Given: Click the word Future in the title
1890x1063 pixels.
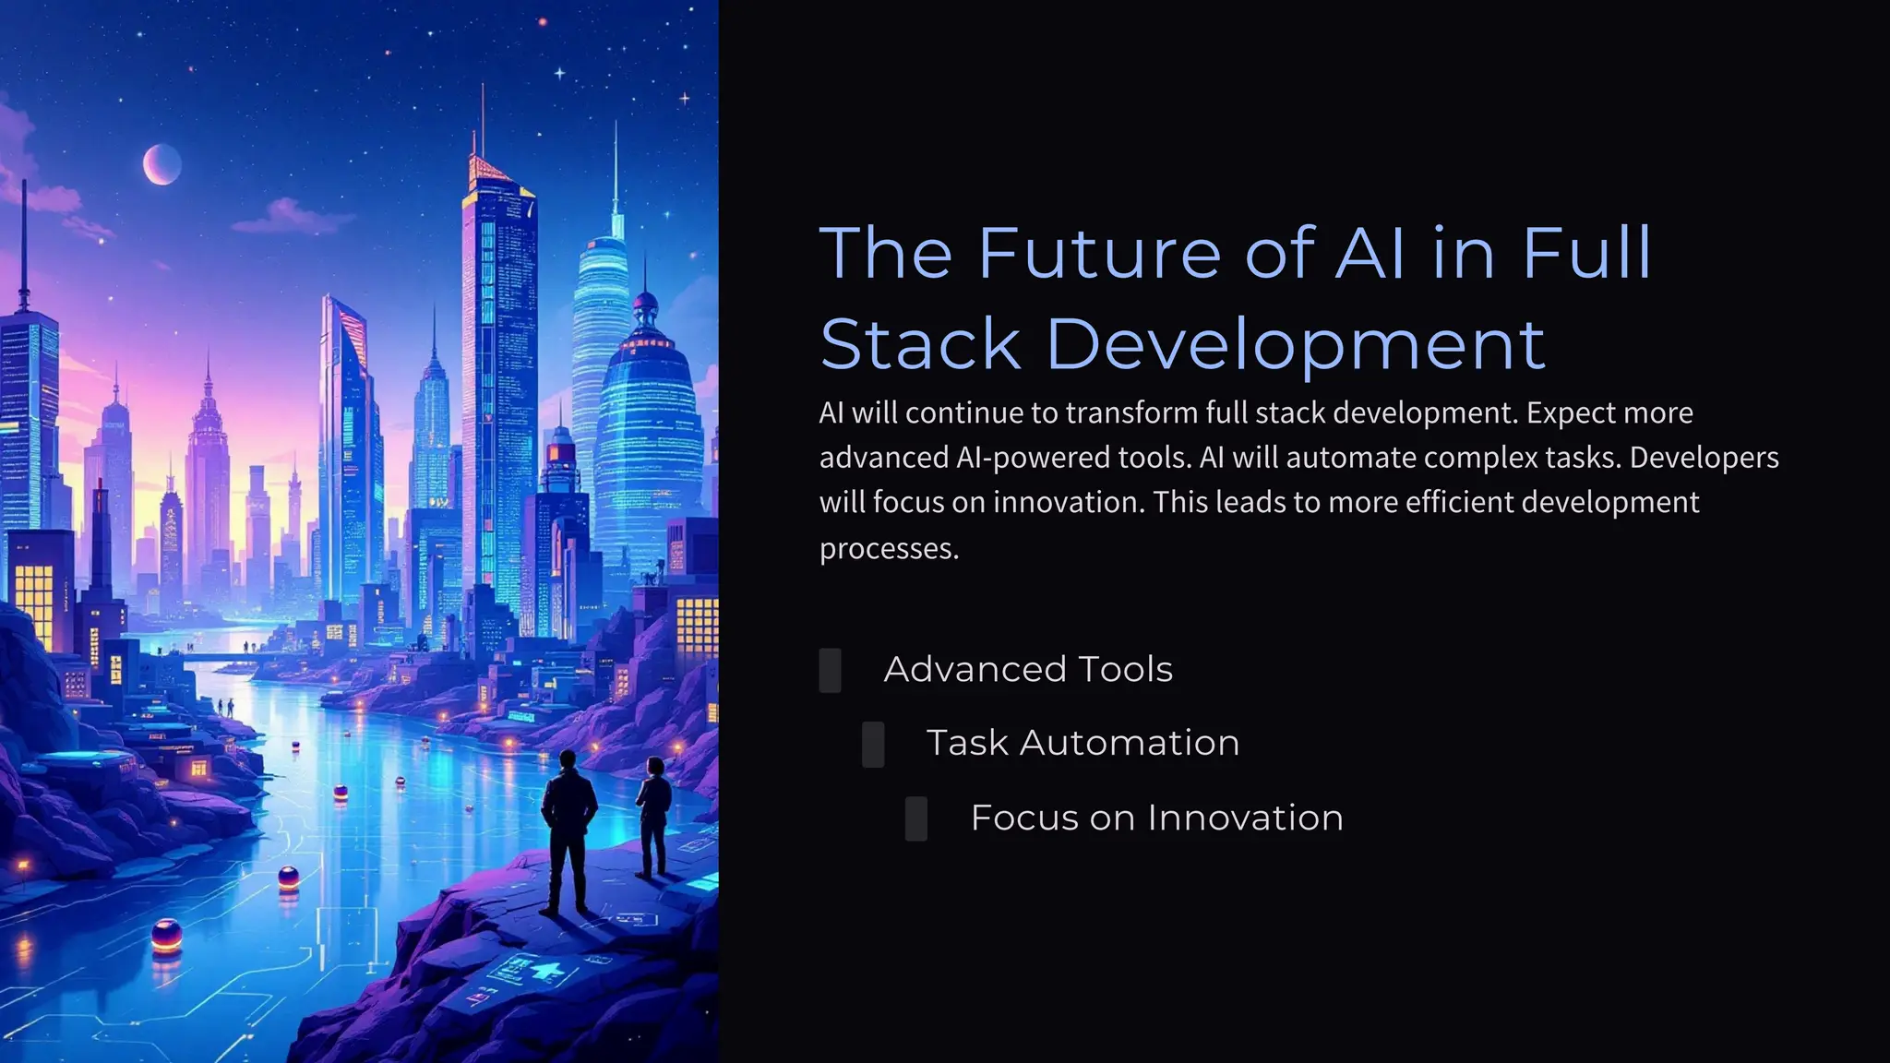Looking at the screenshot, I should [x=1099, y=253].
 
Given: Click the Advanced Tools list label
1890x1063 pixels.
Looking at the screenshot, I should [x=1028, y=669].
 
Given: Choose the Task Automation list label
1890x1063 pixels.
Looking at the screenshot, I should [x=1083, y=743].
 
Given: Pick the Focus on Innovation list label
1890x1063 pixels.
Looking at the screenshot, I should [x=1156, y=818].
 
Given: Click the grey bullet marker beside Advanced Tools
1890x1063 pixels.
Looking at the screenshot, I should [x=830, y=671].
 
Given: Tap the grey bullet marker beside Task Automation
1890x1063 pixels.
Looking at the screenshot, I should [x=873, y=745].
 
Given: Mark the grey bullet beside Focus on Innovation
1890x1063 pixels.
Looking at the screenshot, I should [x=916, y=818].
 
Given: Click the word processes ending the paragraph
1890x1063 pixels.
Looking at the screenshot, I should [x=888, y=548].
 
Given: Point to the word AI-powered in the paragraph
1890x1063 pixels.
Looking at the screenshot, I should [x=1022, y=458].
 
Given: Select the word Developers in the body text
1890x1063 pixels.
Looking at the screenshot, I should [x=1704, y=458].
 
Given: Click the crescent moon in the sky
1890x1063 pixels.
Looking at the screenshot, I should [x=161, y=164].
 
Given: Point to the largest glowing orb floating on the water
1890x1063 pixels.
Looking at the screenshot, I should [x=166, y=936].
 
